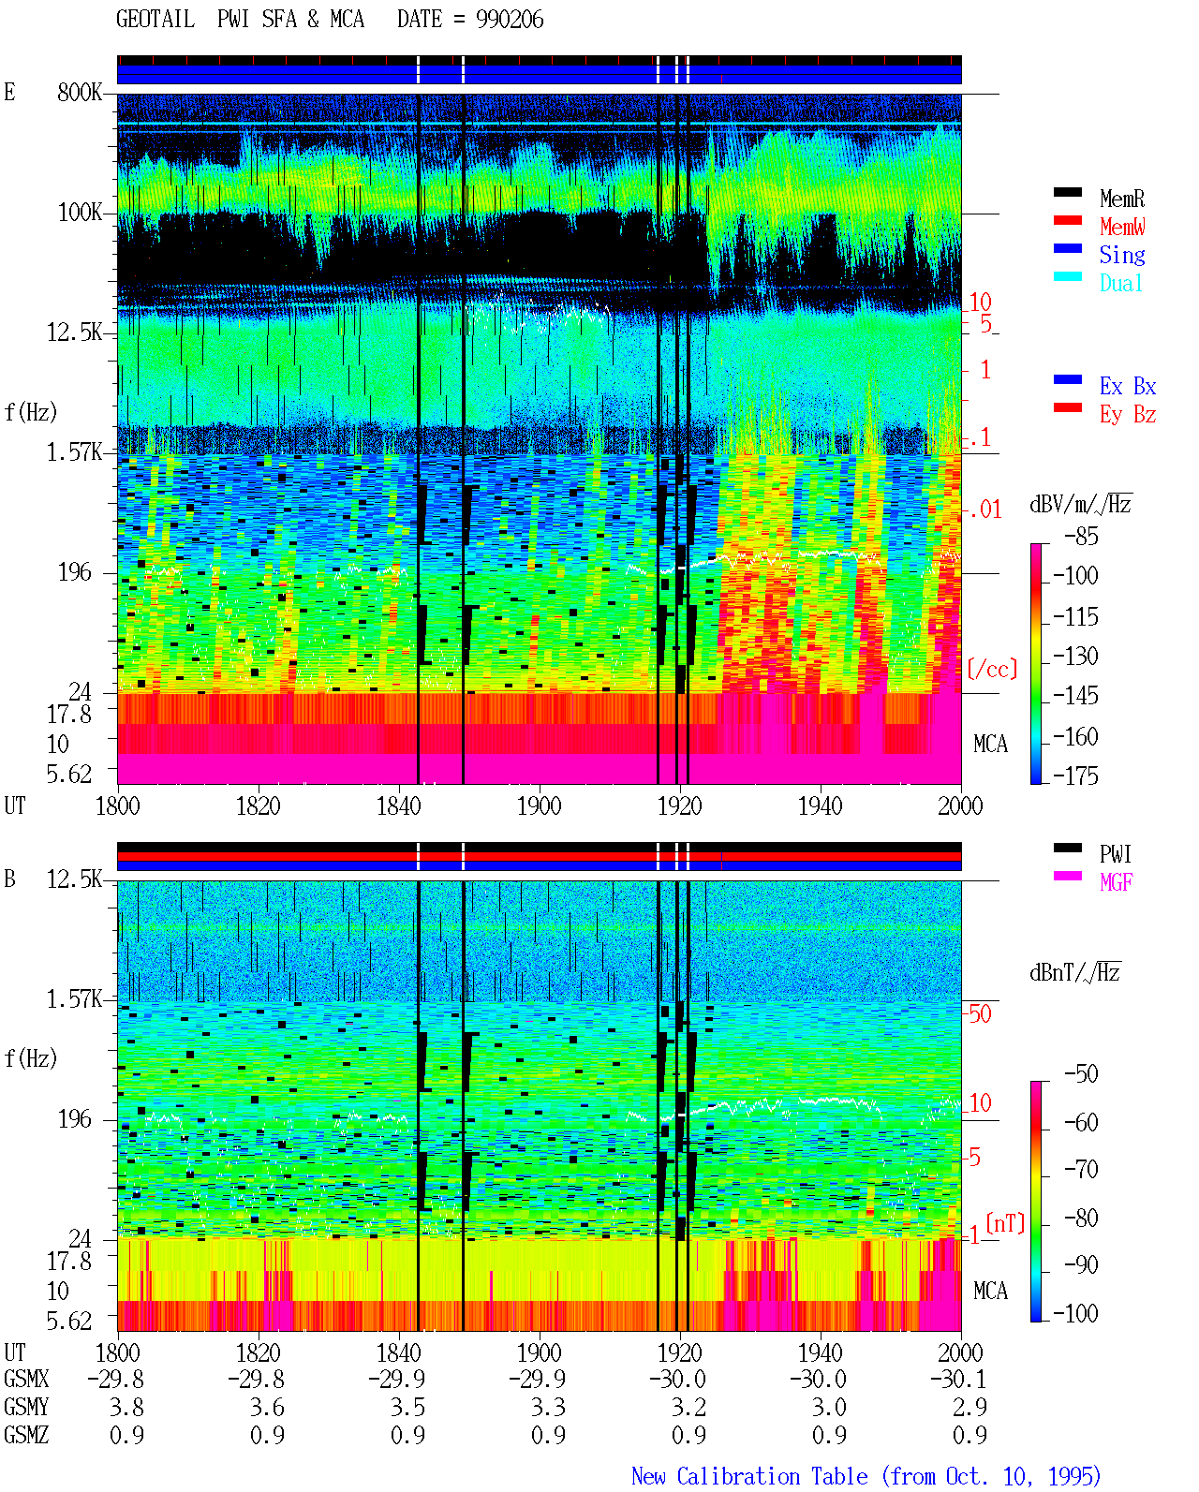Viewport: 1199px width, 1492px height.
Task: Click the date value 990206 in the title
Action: tap(510, 20)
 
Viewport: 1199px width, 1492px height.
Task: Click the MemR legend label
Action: tap(1121, 199)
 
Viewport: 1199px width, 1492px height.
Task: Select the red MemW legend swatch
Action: tap(1067, 220)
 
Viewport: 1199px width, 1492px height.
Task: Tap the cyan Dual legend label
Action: tap(1120, 284)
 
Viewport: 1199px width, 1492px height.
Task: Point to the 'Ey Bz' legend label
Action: tap(1128, 415)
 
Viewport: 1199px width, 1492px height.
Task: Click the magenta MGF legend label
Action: tap(1116, 882)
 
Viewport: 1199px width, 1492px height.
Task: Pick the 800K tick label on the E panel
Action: tap(80, 92)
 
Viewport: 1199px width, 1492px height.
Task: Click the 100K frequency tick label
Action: tap(80, 213)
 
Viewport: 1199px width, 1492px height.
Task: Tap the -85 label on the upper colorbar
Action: tap(1081, 536)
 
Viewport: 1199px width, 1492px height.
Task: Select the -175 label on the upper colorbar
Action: tap(1075, 776)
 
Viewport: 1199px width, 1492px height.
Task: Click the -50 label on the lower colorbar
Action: tap(1081, 1074)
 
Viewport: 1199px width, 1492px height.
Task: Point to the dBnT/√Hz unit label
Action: tap(1074, 972)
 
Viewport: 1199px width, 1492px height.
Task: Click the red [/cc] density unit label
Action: tap(992, 669)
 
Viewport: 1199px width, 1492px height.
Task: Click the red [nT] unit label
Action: tap(1005, 1223)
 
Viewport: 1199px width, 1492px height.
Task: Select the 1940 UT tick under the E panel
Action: tap(821, 805)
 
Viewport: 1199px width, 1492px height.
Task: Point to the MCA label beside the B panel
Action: tap(990, 1291)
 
